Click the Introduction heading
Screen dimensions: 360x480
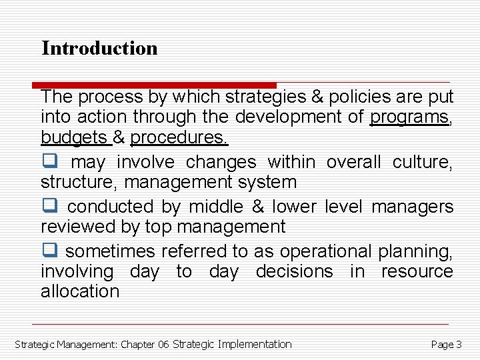pyautogui.click(x=99, y=48)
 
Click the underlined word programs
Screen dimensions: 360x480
pyautogui.click(x=409, y=117)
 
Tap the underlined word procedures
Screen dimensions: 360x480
pyautogui.click(x=179, y=137)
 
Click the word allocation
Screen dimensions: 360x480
pyautogui.click(x=79, y=291)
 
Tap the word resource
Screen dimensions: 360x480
pyautogui.click(x=417, y=271)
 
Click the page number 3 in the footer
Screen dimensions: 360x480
pyautogui.click(x=459, y=345)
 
